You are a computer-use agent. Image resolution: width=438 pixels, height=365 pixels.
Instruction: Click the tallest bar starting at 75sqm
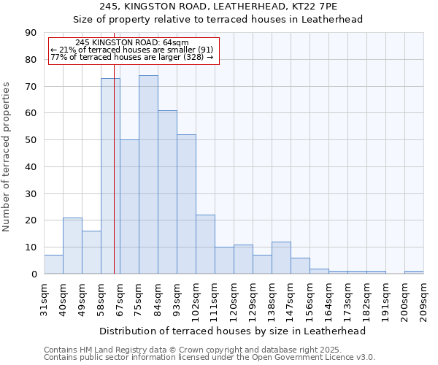tap(148, 174)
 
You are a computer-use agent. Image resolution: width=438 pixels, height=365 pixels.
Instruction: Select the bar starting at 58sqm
tap(110, 176)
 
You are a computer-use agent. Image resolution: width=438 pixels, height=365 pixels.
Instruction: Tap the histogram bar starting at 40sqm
tap(72, 245)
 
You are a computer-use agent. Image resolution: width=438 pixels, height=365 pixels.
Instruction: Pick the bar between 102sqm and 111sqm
tap(205, 244)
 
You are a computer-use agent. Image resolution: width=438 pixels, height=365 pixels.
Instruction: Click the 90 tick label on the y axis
tap(31, 33)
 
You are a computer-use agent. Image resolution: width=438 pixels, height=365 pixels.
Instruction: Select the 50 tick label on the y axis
tap(31, 140)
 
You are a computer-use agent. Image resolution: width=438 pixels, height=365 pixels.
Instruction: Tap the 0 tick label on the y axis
tap(34, 274)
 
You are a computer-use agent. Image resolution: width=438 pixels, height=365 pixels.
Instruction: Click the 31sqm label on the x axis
tap(44, 297)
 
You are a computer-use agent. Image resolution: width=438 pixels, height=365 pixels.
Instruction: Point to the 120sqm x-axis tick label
tap(234, 299)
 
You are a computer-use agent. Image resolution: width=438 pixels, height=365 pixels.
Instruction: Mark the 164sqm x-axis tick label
tap(328, 299)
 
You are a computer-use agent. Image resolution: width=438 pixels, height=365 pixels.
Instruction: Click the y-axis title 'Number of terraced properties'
tap(7, 157)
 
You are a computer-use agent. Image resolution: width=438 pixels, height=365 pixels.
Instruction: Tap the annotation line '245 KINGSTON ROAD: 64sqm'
tap(132, 43)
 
